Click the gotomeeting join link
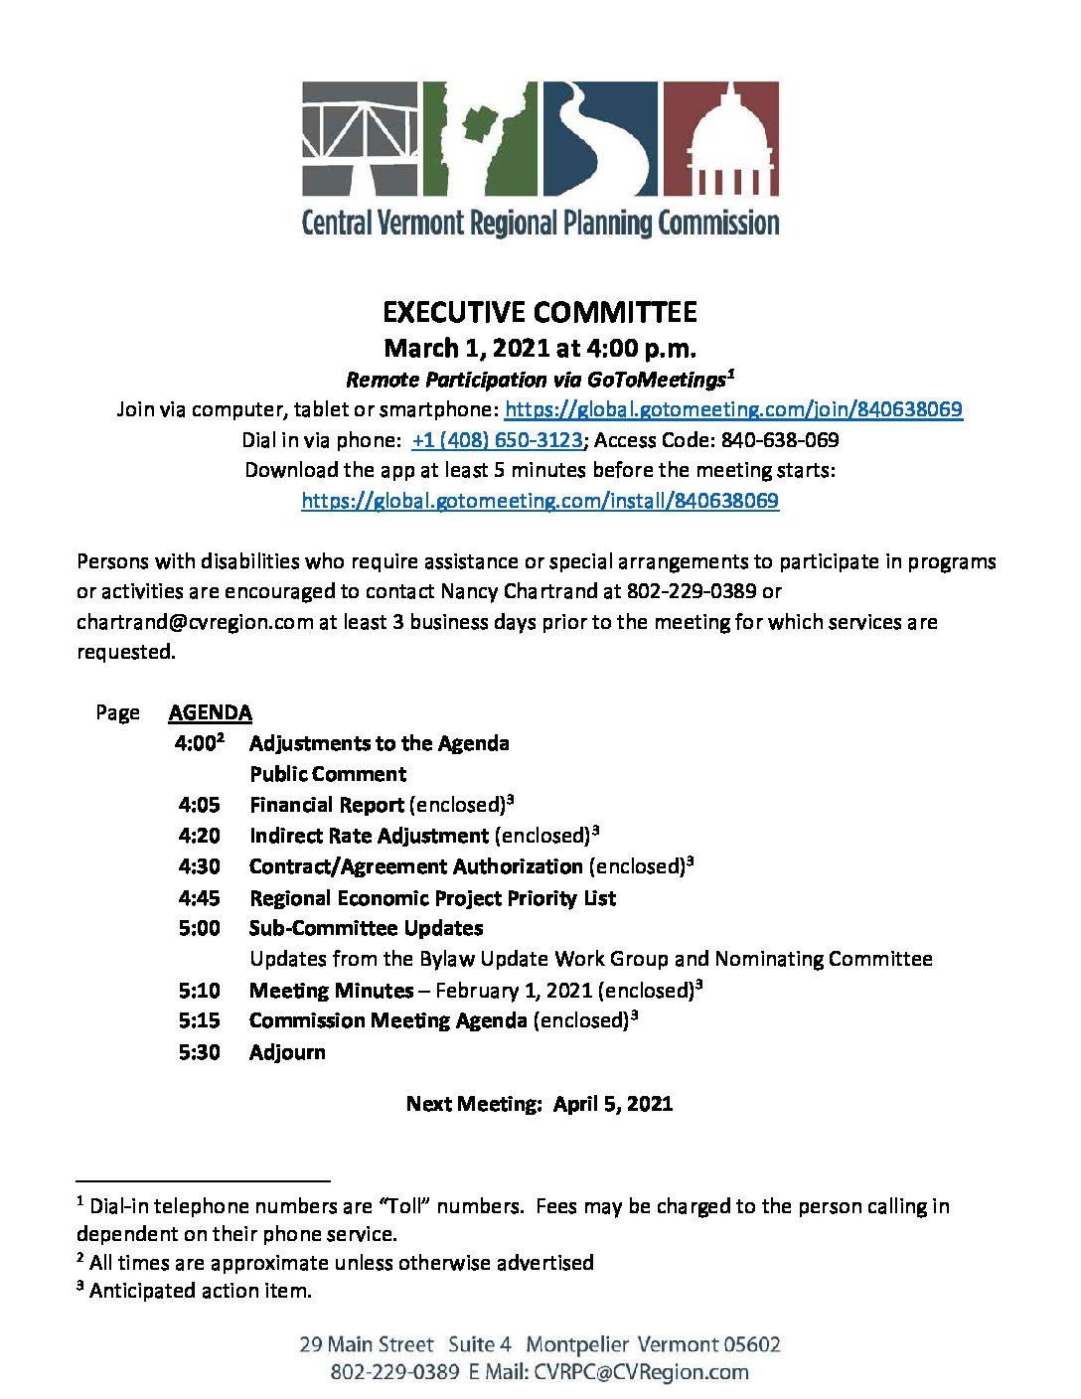tap(733, 409)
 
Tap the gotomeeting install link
tap(540, 501)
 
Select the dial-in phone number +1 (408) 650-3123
tap(497, 440)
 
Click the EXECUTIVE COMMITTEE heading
tap(540, 313)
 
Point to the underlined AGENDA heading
tap(210, 712)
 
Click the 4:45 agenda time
tap(200, 898)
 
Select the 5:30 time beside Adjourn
tap(200, 1052)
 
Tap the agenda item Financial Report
tap(327, 805)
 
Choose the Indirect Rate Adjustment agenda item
tap(369, 836)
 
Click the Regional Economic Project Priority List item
tap(432, 898)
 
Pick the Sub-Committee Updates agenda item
tap(366, 928)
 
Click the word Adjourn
tap(287, 1052)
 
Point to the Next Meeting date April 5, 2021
tap(613, 1104)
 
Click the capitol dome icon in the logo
tap(720, 139)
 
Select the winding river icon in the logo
tap(599, 139)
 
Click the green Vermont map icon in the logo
tap(481, 139)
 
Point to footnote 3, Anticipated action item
tap(200, 1291)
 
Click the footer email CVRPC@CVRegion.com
tap(641, 1372)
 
